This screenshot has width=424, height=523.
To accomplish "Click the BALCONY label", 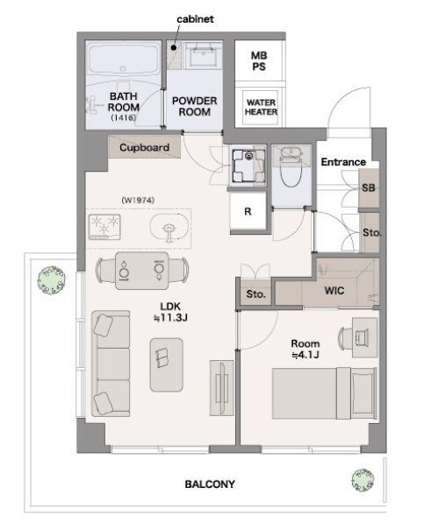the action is tap(210, 484).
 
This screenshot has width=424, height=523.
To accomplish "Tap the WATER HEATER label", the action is tap(261, 107).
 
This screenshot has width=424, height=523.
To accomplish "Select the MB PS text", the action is tap(259, 61).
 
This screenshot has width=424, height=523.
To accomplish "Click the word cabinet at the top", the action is tap(195, 19).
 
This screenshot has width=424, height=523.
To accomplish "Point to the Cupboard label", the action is tap(144, 147).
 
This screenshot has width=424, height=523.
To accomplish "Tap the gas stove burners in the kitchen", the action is tap(104, 227).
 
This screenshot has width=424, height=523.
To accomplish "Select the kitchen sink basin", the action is tap(169, 228).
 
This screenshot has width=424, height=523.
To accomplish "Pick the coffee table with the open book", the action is tap(166, 364).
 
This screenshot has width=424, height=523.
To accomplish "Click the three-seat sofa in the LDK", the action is tap(111, 364).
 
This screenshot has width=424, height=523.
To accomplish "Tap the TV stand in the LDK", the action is tap(221, 388).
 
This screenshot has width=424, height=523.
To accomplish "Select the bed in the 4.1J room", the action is tap(325, 393).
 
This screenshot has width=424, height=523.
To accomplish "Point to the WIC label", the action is tap(334, 291).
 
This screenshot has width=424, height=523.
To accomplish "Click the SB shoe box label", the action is tap(369, 187).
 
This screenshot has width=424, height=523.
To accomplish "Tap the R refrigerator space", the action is tap(248, 211).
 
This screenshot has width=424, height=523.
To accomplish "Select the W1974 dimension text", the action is tap(138, 200).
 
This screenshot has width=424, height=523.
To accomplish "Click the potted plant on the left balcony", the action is tap(51, 279).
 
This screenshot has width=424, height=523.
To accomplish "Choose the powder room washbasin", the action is tap(203, 55).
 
